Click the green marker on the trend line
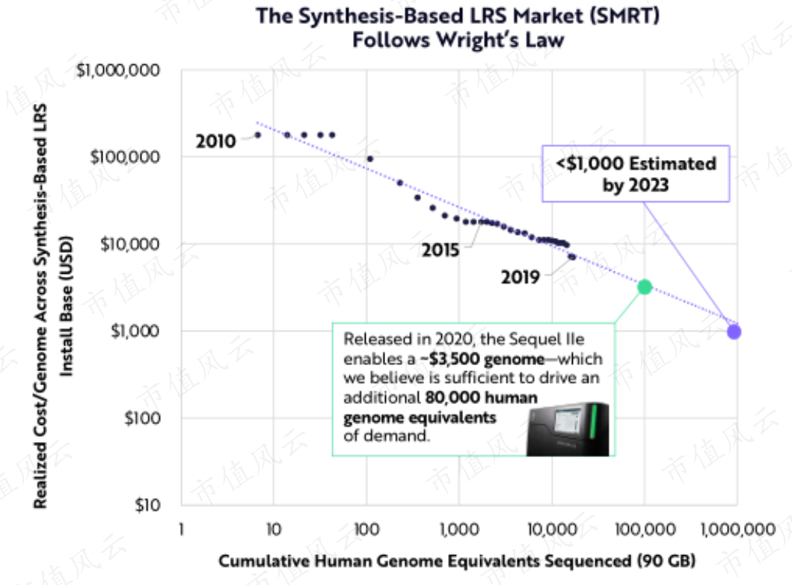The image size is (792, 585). (645, 287)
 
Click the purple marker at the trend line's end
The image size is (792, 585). (734, 332)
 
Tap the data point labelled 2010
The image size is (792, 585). (257, 135)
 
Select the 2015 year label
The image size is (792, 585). (440, 250)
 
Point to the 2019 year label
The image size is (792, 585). (521, 278)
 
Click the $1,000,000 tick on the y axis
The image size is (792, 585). (117, 70)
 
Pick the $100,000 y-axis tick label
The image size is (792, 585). (125, 157)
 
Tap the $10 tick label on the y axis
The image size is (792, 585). (147, 505)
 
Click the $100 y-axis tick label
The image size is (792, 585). (142, 417)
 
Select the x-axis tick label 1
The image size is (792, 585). (181, 530)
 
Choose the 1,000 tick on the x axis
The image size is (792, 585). (459, 530)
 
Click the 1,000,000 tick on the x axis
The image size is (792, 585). (737, 530)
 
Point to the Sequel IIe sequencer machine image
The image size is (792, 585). (568, 429)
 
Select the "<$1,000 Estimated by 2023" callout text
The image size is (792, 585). (636, 174)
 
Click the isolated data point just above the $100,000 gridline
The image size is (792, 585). (369, 159)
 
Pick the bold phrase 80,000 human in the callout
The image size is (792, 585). (482, 397)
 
